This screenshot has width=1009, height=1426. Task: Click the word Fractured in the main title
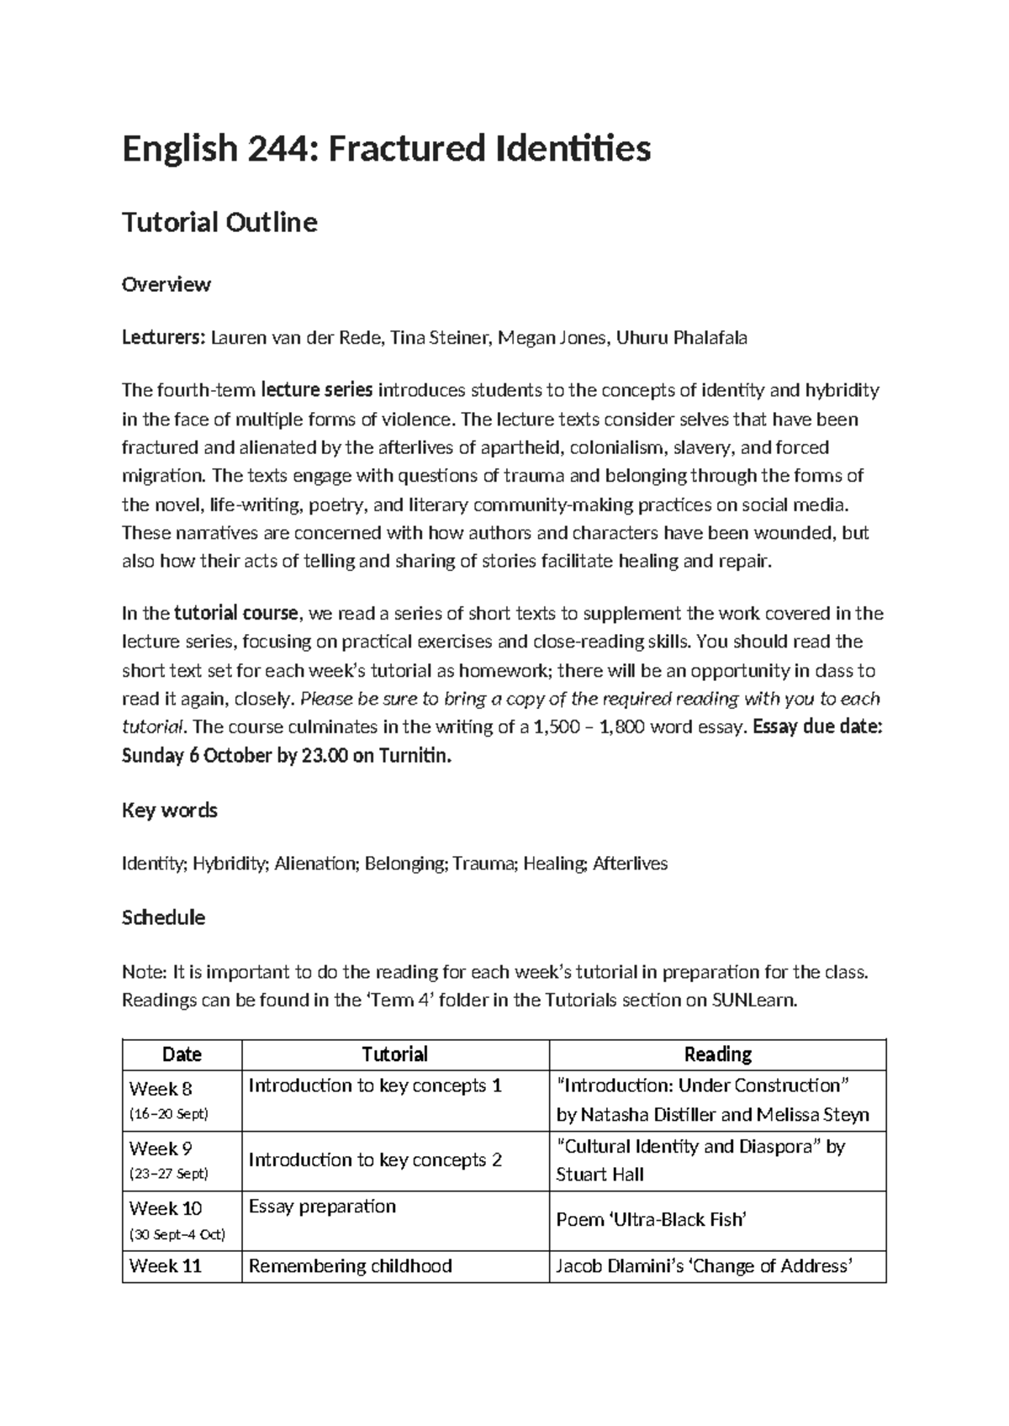[405, 150]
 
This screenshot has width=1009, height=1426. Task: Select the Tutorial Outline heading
[219, 223]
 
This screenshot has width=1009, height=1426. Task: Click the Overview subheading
[166, 284]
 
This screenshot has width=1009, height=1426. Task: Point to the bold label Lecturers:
[163, 338]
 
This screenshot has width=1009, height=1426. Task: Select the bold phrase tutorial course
[235, 613]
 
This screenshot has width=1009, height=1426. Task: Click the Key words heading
[169, 811]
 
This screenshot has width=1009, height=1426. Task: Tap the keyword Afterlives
[630, 864]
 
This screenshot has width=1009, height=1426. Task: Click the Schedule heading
[163, 917]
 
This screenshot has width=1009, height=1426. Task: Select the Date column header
[182, 1054]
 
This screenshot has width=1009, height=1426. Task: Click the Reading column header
[717, 1054]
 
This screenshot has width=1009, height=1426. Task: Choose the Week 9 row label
[161, 1149]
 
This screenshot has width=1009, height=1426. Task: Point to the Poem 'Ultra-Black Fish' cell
[651, 1220]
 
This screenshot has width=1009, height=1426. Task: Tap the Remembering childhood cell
[350, 1266]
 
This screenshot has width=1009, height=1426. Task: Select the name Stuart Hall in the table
[600, 1175]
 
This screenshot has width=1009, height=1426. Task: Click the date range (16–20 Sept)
[168, 1114]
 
